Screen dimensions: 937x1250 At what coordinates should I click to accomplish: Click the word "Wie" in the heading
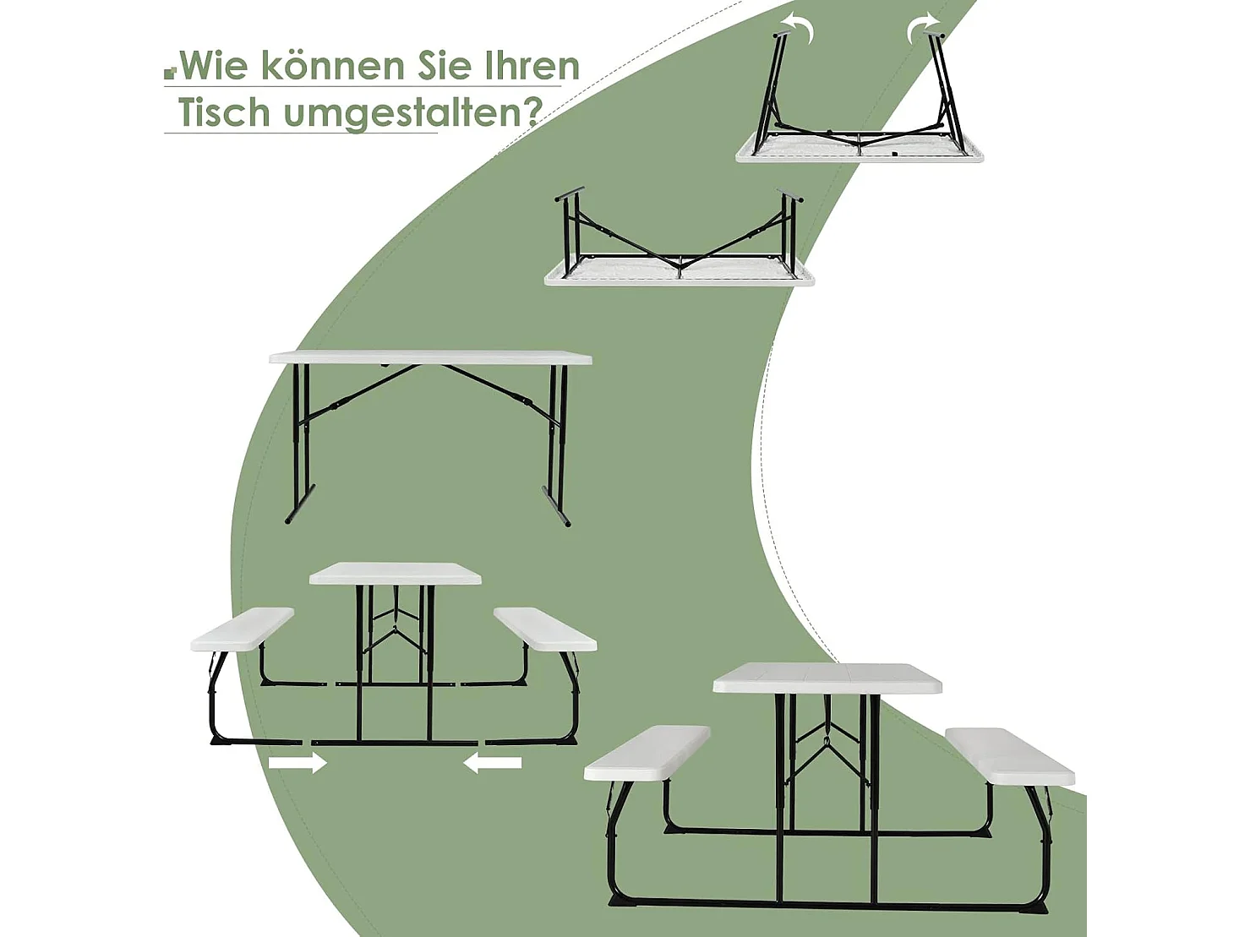pyautogui.click(x=211, y=66)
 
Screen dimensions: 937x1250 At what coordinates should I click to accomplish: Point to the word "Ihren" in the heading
pyautogui.click(x=532, y=66)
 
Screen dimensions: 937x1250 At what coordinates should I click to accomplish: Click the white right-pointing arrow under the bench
pyautogui.click(x=297, y=763)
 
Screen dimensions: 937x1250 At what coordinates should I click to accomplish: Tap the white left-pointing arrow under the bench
pyautogui.click(x=493, y=763)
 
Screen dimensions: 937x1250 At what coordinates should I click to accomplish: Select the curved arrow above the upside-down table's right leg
pyautogui.click(x=923, y=27)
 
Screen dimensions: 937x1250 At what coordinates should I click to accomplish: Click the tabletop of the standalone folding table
pyautogui.click(x=430, y=357)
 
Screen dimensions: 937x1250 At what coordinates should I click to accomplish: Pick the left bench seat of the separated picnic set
pyautogui.click(x=242, y=629)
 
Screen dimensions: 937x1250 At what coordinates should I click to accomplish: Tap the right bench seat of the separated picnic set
pyautogui.click(x=545, y=629)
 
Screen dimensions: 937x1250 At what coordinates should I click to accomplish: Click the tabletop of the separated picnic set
pyautogui.click(x=395, y=574)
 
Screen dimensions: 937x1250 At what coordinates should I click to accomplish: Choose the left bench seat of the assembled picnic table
pyautogui.click(x=647, y=753)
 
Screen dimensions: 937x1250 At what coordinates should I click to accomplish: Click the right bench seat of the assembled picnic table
pyautogui.click(x=1009, y=755)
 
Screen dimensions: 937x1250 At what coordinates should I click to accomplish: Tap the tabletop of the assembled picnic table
pyautogui.click(x=827, y=678)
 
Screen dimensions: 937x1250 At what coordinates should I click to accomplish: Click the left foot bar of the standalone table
pyautogui.click(x=300, y=504)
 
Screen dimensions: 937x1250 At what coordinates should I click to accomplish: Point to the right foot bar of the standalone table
pyautogui.click(x=555, y=508)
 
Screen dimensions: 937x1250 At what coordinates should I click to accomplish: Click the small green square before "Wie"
pyautogui.click(x=170, y=74)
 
